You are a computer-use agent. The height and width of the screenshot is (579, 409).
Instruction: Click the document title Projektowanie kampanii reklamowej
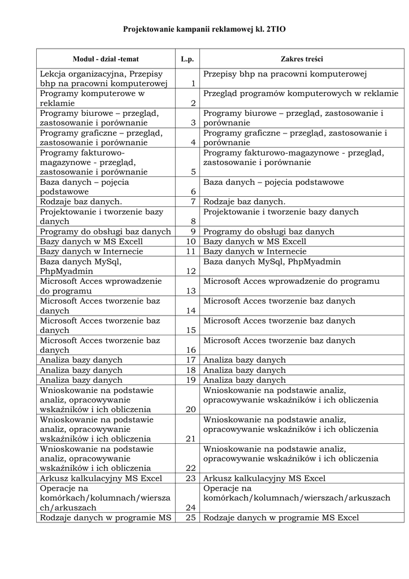[x=204, y=28]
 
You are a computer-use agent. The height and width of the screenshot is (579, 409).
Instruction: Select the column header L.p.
[x=188, y=59]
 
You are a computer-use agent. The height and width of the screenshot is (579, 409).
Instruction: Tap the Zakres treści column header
[x=302, y=59]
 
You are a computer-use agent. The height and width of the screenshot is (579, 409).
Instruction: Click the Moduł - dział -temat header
[x=106, y=59]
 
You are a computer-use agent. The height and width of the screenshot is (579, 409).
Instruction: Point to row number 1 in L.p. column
[x=193, y=84]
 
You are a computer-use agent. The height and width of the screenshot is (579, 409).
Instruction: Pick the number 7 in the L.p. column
[x=193, y=202]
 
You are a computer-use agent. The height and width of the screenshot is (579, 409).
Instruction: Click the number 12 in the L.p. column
[x=190, y=271]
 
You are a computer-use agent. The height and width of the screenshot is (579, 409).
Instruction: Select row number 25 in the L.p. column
[x=190, y=517]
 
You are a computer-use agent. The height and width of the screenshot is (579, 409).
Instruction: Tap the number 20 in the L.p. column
[x=190, y=409]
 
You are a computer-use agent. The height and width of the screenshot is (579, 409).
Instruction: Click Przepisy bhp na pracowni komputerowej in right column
[x=285, y=74]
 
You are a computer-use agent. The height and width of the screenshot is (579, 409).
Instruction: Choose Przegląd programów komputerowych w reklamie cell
[x=301, y=93]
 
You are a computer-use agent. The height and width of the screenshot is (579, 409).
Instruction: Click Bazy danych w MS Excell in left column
[x=91, y=241]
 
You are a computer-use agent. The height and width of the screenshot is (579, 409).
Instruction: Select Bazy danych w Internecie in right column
[x=255, y=252]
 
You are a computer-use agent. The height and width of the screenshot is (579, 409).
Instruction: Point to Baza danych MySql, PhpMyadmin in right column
[x=272, y=262]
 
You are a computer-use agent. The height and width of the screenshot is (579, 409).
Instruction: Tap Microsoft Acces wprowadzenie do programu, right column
[x=291, y=282]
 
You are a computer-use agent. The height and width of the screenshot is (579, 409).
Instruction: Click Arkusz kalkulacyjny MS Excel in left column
[x=101, y=478]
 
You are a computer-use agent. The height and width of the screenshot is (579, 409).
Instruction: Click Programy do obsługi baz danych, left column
[x=105, y=231]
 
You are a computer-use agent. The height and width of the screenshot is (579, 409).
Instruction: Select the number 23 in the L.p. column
[x=190, y=478]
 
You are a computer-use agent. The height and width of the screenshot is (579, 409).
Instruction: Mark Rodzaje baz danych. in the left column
[x=81, y=202]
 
